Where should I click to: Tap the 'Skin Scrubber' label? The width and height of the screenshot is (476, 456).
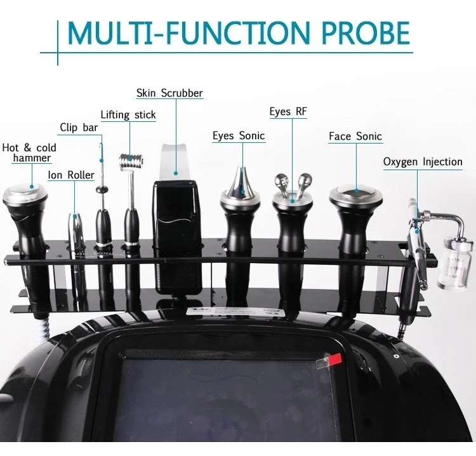(x=169, y=93)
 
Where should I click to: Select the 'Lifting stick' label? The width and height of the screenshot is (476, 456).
(x=128, y=115)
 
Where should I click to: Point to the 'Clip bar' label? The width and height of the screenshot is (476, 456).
(x=79, y=127)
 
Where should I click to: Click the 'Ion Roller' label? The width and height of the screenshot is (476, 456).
(x=71, y=175)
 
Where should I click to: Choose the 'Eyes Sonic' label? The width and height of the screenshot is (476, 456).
(x=239, y=135)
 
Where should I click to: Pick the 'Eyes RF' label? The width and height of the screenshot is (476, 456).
(x=288, y=112)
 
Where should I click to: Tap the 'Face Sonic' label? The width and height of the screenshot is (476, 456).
(x=355, y=137)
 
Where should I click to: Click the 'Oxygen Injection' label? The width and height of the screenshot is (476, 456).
(x=423, y=161)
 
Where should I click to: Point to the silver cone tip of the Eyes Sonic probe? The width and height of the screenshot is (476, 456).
(x=241, y=181)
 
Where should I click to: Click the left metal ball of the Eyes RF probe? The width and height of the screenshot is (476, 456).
(x=281, y=178)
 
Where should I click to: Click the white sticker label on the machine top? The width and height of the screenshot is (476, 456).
(x=236, y=313)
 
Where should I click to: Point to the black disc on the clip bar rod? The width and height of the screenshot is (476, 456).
(x=102, y=190)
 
